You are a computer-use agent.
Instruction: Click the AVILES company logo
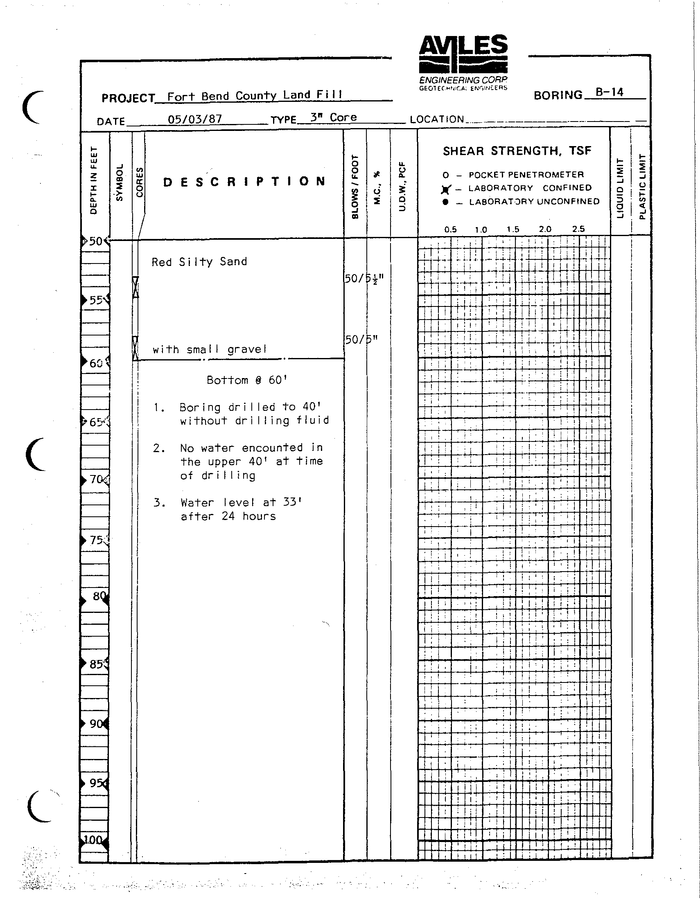pyautogui.click(x=463, y=62)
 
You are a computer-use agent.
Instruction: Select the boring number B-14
pyautogui.click(x=609, y=92)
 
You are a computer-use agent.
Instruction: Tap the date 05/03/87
pyautogui.click(x=194, y=119)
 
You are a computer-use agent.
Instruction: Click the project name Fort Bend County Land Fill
pyautogui.click(x=255, y=95)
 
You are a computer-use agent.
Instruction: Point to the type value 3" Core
pyautogui.click(x=334, y=117)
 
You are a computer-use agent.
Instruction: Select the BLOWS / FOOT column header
pyautogui.click(x=355, y=187)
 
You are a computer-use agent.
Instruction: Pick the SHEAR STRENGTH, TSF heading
pyautogui.click(x=517, y=151)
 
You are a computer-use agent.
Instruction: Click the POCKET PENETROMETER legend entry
pyautogui.click(x=526, y=174)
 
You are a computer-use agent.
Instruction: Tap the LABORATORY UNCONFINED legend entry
pyautogui.click(x=534, y=202)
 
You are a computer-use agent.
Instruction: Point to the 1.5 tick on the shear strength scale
pyautogui.click(x=513, y=230)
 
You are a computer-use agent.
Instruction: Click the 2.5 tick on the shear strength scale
pyautogui.click(x=578, y=229)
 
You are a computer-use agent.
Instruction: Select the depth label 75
pyautogui.click(x=96, y=540)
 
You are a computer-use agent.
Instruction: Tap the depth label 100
pyautogui.click(x=93, y=840)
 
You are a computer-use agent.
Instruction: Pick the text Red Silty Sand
pyautogui.click(x=199, y=262)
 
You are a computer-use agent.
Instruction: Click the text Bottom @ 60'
pyautogui.click(x=247, y=380)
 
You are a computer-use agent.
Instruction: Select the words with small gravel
pyautogui.click(x=209, y=350)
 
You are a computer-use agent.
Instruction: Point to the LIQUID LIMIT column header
pyautogui.click(x=620, y=188)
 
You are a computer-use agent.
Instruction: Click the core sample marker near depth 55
pyautogui.click(x=135, y=287)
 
